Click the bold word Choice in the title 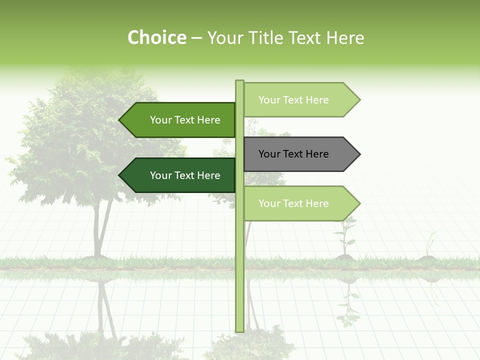(x=156, y=38)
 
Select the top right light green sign (x=300, y=100)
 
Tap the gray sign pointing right (x=300, y=154)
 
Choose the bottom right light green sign (x=300, y=203)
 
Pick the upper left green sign (x=180, y=120)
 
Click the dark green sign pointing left (x=180, y=175)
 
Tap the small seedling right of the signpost (x=344, y=237)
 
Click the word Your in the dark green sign (x=161, y=175)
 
